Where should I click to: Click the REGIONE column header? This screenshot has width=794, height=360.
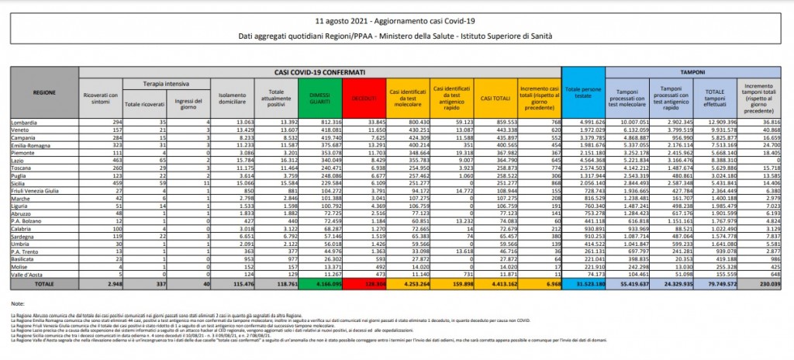(43, 92)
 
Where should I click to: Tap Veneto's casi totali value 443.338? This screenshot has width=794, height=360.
(495, 130)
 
